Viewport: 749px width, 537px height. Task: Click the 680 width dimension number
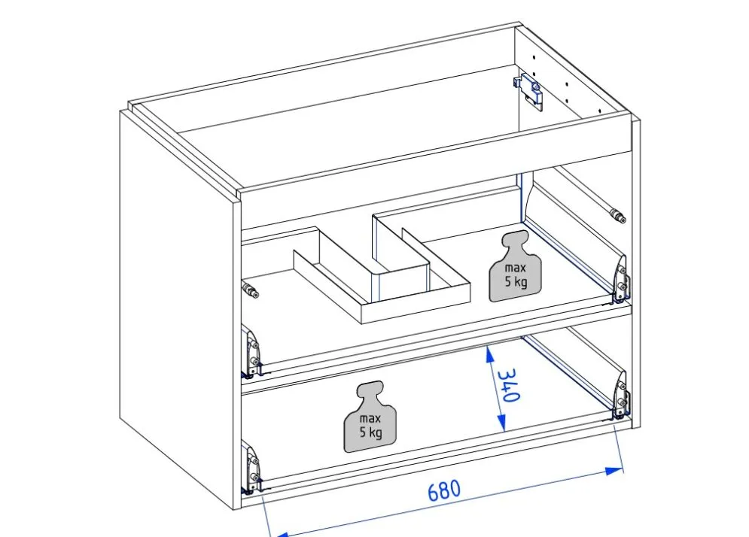pos(444,490)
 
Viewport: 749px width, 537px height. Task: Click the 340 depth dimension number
pos(507,385)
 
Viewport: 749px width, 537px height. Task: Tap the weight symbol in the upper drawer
pos(516,266)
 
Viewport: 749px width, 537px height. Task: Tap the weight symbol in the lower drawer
pos(370,417)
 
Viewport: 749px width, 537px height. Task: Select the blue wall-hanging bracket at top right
pos(530,91)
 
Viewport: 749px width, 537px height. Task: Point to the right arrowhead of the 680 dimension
pos(614,471)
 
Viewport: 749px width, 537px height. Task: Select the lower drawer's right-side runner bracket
pos(620,395)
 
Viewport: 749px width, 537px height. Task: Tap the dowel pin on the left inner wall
pos(251,290)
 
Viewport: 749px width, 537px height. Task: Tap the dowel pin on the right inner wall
pos(617,214)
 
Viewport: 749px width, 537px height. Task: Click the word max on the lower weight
pos(370,418)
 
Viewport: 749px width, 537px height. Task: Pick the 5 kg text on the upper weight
pos(516,281)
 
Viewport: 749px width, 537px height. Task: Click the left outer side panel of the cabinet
pos(177,305)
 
